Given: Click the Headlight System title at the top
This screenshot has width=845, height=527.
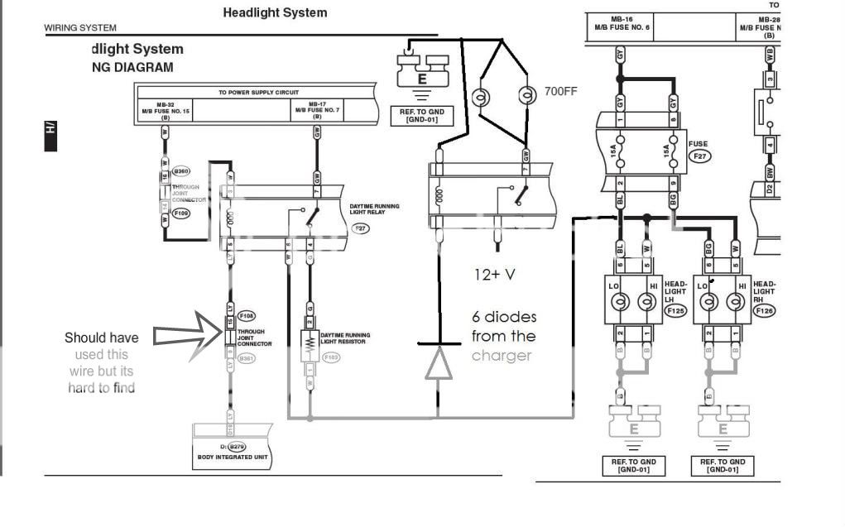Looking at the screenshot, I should coord(275,12).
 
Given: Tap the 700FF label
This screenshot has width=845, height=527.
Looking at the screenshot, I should coord(560,91).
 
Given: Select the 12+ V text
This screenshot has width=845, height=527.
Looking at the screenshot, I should coord(495,274).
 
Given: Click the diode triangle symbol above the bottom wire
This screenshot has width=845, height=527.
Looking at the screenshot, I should coord(439,365).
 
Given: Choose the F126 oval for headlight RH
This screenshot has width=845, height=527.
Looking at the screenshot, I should coord(765,311).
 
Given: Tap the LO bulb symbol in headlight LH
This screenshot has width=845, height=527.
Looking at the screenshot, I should coord(618,303).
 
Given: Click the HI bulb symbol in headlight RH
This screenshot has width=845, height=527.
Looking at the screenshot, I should coord(733,303).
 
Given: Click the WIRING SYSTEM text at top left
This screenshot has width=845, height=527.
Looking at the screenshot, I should coord(80,28).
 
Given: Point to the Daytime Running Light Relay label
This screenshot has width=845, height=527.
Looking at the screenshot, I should coord(374,209).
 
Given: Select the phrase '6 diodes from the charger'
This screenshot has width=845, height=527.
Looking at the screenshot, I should coord(503,336).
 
